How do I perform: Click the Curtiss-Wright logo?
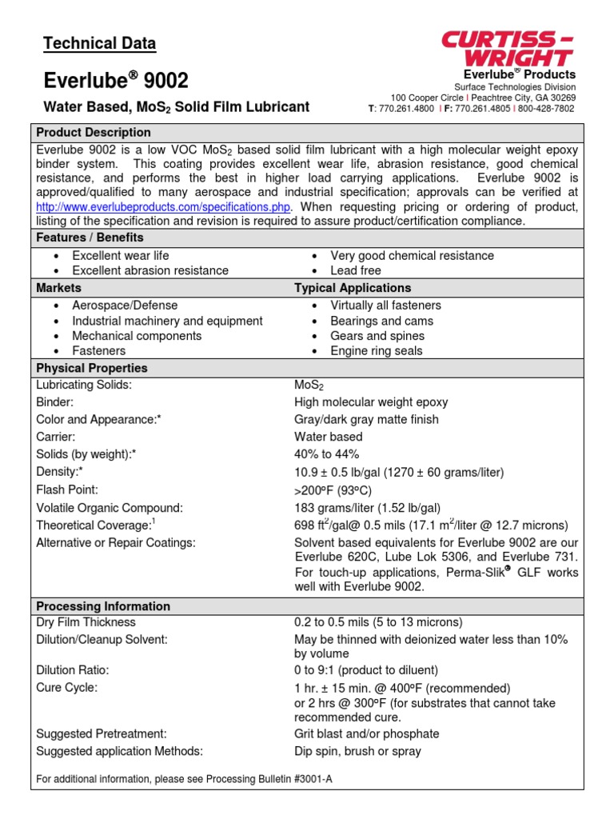coord(508,48)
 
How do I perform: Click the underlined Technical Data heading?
coord(99,44)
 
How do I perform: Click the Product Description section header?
coord(94,132)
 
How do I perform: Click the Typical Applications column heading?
coord(353,287)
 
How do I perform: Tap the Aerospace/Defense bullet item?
coord(125,305)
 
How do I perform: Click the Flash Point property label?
coord(68,489)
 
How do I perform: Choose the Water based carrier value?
coord(328,437)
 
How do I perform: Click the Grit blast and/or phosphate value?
coord(367,733)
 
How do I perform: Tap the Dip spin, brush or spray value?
coord(357,751)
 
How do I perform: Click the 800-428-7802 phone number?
coord(547,108)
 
